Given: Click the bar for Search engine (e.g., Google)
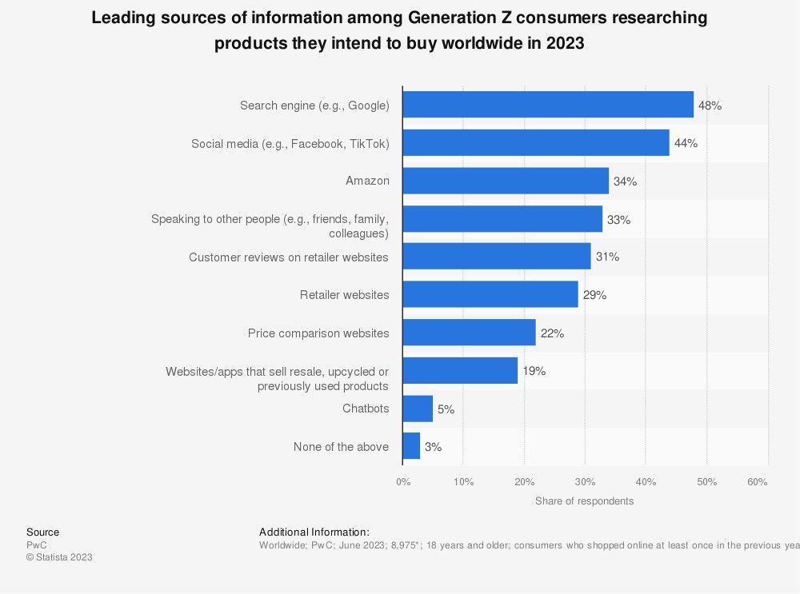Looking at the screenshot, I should click(x=548, y=105).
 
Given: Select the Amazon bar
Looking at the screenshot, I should click(x=506, y=181).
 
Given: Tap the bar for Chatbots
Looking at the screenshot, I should click(x=418, y=409).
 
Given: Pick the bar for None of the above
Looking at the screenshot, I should click(x=411, y=446).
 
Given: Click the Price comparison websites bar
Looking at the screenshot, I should click(x=469, y=333).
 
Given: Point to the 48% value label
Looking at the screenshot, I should click(x=710, y=106).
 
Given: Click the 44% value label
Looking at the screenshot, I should click(x=686, y=143).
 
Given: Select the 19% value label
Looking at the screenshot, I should click(x=534, y=371).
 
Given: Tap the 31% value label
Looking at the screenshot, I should click(x=607, y=257).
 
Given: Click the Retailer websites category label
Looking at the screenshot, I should click(x=344, y=295).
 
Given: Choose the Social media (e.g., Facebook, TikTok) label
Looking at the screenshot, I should click(x=290, y=144).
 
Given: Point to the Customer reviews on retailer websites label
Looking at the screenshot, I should click(x=288, y=257).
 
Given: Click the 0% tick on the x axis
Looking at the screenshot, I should click(x=403, y=482).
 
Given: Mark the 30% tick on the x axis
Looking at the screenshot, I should click(x=585, y=482).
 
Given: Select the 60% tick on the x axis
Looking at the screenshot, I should click(x=758, y=482).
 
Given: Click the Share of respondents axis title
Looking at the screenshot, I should click(x=584, y=501).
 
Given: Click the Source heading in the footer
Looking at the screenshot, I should click(x=42, y=532).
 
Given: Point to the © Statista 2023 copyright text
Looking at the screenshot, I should click(x=59, y=557).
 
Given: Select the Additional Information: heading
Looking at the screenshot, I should click(x=314, y=532).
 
